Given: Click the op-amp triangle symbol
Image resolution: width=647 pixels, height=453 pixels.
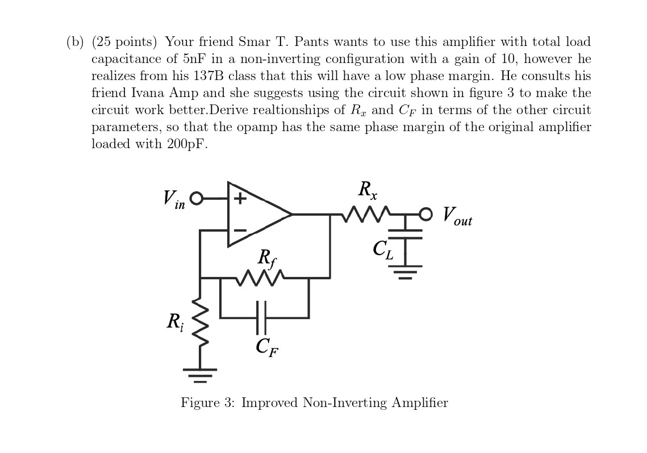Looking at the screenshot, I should pos(256,215).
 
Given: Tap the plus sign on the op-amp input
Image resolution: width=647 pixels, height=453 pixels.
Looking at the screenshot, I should pos(240,199).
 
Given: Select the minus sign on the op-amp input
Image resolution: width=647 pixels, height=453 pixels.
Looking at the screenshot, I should pos(240,230).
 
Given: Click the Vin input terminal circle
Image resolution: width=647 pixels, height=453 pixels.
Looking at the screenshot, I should pos(197,198).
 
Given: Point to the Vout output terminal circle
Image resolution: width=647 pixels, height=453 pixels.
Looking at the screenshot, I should pos(425,214).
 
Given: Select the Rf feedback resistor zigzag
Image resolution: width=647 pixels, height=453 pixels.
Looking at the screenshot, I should pos(259,278).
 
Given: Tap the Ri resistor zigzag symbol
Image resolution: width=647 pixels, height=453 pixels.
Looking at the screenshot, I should pos(200,322).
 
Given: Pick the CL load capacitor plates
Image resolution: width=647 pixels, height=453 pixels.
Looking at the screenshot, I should pos(405,233).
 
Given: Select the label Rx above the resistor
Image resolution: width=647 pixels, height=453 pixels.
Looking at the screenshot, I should pos(368,190).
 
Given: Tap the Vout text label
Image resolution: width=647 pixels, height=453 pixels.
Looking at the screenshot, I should pos(457,216).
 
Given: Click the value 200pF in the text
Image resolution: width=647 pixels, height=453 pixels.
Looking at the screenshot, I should pos(187,144).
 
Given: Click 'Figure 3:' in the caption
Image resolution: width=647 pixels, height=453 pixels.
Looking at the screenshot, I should pos(207,403).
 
